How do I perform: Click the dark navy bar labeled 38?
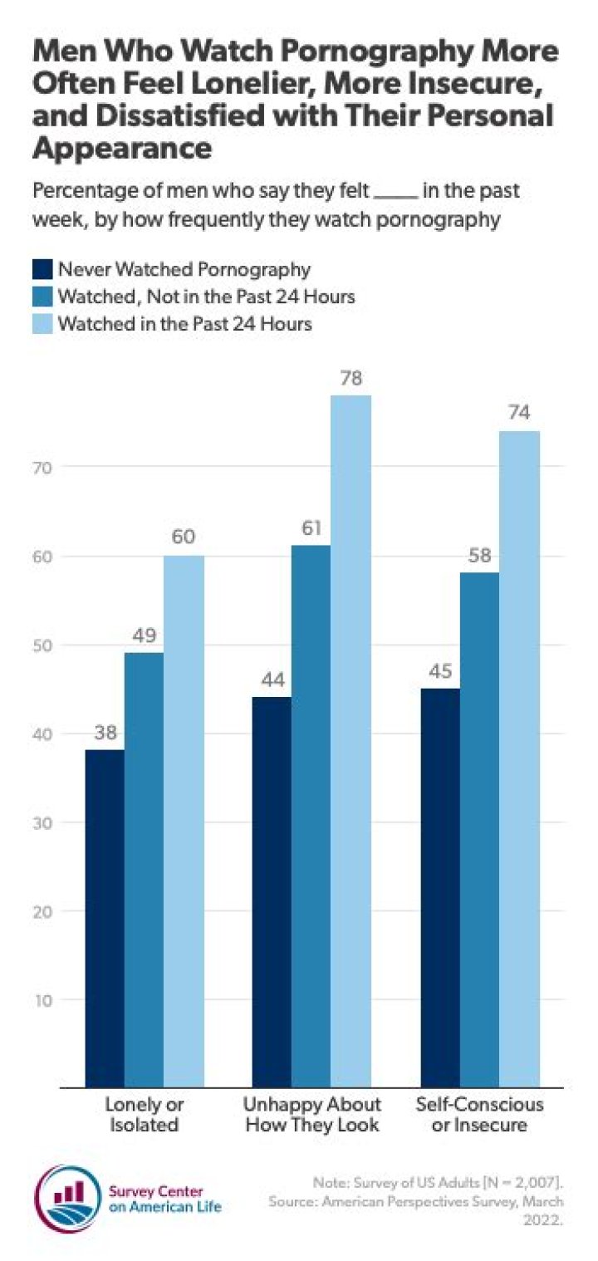click(x=104, y=918)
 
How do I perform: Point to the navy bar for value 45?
click(x=440, y=887)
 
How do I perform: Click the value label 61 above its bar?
click(x=311, y=529)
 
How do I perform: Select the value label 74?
click(x=519, y=414)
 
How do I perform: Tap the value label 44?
click(x=272, y=680)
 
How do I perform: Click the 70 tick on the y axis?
click(x=45, y=467)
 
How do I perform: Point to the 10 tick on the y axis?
click(x=45, y=999)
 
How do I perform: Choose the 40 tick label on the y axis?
click(x=45, y=734)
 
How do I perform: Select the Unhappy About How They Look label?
click(x=311, y=1115)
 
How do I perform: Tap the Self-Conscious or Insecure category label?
click(x=480, y=1115)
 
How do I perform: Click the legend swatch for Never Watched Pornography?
click(x=42, y=269)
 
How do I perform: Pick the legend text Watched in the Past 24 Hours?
click(x=184, y=324)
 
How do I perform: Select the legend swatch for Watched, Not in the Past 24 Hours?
click(x=42, y=297)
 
